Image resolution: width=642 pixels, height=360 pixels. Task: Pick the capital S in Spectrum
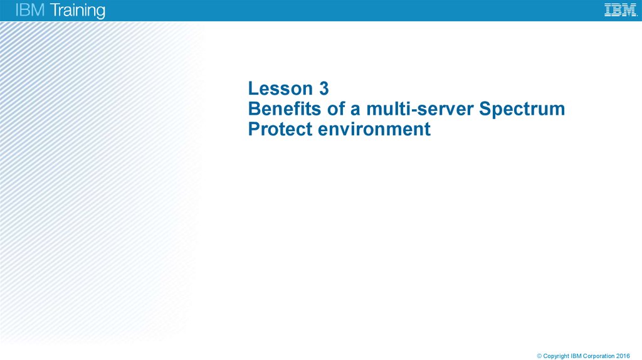[x=485, y=109]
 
